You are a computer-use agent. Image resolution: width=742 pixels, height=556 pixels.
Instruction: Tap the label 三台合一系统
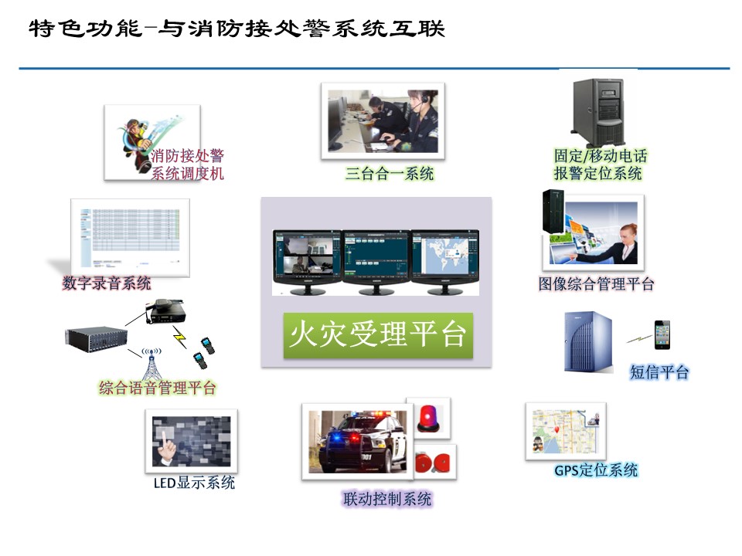click(x=390, y=174)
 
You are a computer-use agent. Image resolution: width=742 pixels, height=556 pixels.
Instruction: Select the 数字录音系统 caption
click(x=107, y=283)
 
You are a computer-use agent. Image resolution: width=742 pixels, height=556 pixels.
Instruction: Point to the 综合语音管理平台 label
click(x=158, y=388)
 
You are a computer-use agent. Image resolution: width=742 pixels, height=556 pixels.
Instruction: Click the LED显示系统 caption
click(x=194, y=483)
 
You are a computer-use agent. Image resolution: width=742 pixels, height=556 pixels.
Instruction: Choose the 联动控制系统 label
click(x=387, y=500)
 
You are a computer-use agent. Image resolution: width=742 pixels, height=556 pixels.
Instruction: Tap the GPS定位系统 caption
click(x=596, y=470)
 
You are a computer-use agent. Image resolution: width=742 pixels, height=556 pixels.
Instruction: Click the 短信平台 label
click(x=659, y=372)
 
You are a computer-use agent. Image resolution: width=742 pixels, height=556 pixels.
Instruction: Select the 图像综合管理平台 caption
click(x=596, y=284)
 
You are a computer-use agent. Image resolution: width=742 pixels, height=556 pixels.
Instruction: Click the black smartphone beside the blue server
click(x=662, y=334)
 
